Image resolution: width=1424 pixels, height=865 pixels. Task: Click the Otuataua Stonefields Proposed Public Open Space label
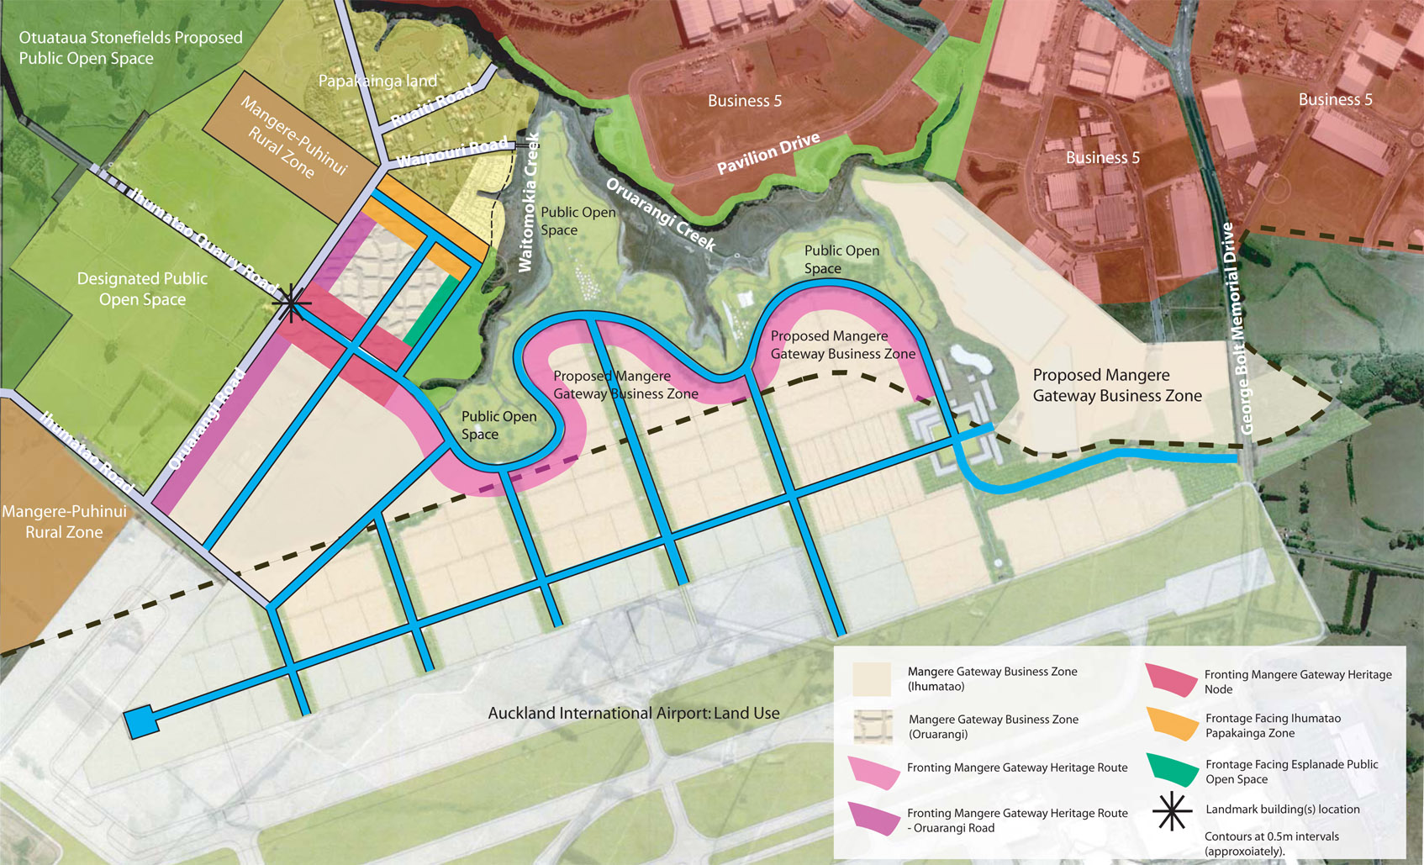[130, 48]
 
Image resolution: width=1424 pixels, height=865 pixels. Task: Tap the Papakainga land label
[377, 81]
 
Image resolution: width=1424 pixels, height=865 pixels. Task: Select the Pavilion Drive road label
[767, 153]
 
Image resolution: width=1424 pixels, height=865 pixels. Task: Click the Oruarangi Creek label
[661, 214]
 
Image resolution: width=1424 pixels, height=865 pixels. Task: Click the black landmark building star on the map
[291, 303]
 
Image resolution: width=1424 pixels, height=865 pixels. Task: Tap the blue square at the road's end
[140, 721]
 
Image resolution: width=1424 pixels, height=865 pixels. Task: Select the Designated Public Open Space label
[142, 288]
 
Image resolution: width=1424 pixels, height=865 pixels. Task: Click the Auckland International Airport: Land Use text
[634, 713]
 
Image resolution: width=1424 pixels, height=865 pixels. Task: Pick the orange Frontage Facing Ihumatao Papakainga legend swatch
[1173, 724]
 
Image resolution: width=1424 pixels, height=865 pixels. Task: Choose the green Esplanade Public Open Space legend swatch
[1173, 770]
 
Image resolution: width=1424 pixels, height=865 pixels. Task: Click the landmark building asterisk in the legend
[1172, 812]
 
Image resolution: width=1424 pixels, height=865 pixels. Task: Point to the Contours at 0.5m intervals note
[1271, 843]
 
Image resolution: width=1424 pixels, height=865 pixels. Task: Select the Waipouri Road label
[452, 152]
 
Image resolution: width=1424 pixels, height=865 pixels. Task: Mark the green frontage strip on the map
[431, 310]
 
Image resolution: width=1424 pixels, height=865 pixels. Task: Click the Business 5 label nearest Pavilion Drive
[744, 101]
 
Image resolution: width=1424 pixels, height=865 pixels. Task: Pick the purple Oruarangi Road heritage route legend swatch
[873, 818]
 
